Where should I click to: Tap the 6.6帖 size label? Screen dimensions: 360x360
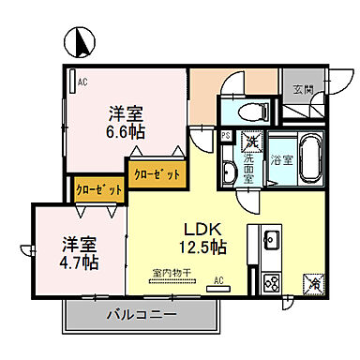[125, 131]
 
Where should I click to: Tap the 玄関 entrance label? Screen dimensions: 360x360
[303, 89]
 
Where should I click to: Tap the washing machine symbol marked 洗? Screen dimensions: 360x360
[250, 143]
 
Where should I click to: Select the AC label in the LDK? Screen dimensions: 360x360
[217, 280]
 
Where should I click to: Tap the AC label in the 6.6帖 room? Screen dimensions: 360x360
[83, 81]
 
